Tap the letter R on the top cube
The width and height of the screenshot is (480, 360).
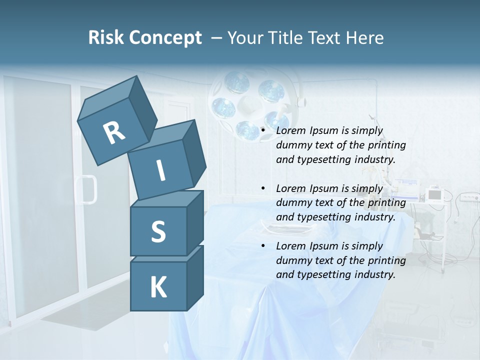click(114, 133)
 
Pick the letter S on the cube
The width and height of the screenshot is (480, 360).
click(158, 232)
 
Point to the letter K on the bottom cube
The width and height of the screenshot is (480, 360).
click(158, 287)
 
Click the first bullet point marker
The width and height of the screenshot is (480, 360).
click(263, 131)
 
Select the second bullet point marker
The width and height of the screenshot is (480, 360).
click(263, 189)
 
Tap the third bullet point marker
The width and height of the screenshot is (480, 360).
click(263, 246)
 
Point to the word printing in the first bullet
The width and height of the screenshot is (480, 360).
click(386, 145)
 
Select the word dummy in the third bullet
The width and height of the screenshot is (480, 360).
click(292, 260)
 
